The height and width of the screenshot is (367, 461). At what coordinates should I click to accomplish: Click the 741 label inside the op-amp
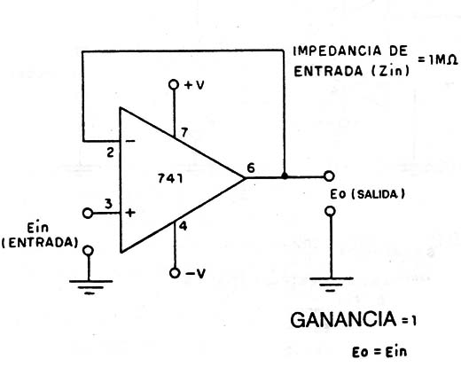pos(170,178)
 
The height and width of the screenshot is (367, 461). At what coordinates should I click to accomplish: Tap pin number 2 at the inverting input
pos(110,152)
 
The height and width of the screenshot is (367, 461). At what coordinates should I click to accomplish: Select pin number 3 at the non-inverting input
pos(108,204)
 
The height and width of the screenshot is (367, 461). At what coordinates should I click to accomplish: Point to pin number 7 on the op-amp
pos(184,132)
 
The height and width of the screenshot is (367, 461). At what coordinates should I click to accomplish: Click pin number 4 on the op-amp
pos(184,226)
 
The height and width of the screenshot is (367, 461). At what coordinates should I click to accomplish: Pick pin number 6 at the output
pos(251,168)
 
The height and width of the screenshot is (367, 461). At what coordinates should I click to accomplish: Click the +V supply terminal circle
pos(174,84)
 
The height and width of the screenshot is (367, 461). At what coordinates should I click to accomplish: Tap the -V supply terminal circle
pos(175,273)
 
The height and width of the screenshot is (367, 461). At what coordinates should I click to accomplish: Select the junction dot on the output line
pos(285,176)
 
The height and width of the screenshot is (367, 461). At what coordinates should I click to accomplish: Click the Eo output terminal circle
pos(329,176)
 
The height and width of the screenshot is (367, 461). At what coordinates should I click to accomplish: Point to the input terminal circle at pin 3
pos(88,213)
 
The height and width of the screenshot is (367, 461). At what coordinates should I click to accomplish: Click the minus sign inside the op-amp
pos(130,141)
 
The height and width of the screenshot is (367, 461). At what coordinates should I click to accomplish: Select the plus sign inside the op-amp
pos(130,213)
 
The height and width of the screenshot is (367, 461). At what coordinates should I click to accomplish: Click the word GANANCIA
pos(343,319)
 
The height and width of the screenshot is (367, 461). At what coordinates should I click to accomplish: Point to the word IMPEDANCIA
pos(333,51)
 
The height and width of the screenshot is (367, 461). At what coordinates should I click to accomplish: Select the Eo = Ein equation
pos(379,352)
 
